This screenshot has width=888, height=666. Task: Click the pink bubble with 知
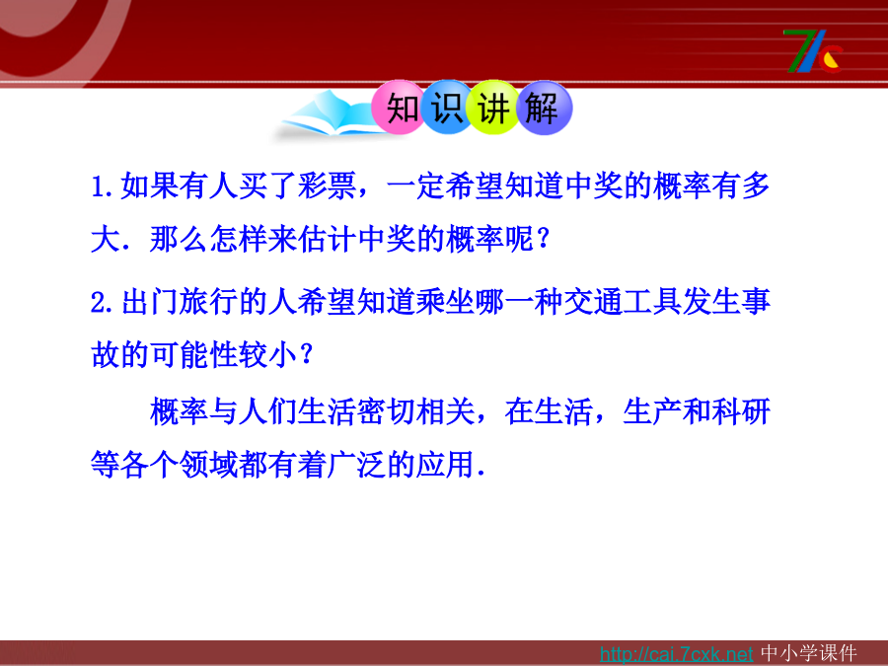(399, 108)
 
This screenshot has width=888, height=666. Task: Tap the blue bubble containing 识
(447, 108)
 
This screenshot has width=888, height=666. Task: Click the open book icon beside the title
(329, 115)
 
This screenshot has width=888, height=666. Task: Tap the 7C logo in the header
(814, 51)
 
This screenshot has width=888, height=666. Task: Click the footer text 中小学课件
(809, 653)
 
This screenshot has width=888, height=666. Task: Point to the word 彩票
(327, 185)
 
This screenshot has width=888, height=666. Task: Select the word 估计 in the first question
(327, 239)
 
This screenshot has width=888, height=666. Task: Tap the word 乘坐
(445, 301)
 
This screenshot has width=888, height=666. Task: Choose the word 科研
(741, 411)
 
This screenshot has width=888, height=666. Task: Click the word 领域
(209, 466)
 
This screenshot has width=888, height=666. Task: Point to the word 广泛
(357, 466)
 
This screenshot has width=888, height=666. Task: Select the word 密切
(386, 411)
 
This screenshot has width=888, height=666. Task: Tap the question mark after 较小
(307, 354)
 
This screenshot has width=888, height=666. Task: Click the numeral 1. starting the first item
(105, 186)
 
